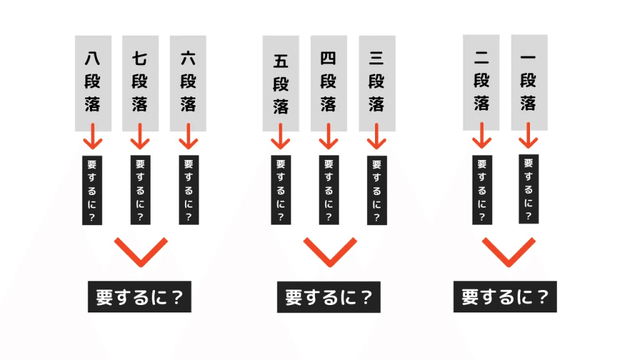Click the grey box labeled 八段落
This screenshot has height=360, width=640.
coord(93,83)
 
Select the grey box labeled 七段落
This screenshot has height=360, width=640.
coord(141,83)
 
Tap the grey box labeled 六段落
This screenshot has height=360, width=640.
coord(187,83)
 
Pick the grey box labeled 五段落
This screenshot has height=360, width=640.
coord(281,83)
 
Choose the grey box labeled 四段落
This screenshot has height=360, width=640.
coord(329,83)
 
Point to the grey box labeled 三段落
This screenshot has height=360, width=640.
coord(377,83)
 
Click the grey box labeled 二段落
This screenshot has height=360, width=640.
coord(481,82)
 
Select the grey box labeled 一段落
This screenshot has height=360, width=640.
coord(529,82)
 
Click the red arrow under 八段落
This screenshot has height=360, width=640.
coord(93,136)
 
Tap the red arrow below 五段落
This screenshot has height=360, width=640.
coord(281,136)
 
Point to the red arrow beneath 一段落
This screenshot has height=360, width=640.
coord(529,136)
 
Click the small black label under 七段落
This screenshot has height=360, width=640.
coord(141,190)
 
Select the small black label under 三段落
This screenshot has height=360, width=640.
coord(377,190)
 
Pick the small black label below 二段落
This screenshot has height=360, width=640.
coord(482,190)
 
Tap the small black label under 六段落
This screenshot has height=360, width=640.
coord(189,190)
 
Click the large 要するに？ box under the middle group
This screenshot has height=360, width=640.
coord(329,297)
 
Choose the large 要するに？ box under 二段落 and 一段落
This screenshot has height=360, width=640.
coord(505,297)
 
